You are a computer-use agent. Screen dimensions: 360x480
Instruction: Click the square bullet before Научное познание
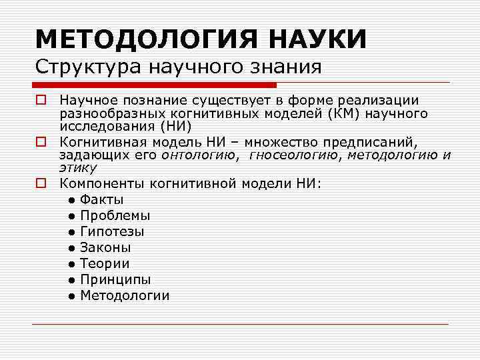[41, 101]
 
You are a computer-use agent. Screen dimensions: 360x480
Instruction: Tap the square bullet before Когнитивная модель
[41, 141]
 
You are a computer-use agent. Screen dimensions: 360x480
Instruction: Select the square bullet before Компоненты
[41, 183]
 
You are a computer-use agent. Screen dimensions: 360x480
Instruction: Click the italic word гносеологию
[294, 155]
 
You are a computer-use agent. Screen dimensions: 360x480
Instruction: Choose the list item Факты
[101, 199]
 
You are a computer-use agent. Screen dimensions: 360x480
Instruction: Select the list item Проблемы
[115, 215]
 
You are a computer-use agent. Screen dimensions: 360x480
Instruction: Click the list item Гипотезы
[112, 231]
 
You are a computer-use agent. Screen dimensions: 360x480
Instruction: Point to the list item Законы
[105, 247]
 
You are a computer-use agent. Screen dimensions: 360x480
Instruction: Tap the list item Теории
[105, 263]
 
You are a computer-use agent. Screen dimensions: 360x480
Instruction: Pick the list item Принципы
[115, 279]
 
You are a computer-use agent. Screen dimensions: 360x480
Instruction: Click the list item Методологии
[125, 295]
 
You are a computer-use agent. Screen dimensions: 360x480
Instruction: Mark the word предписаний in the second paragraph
[379, 142]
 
